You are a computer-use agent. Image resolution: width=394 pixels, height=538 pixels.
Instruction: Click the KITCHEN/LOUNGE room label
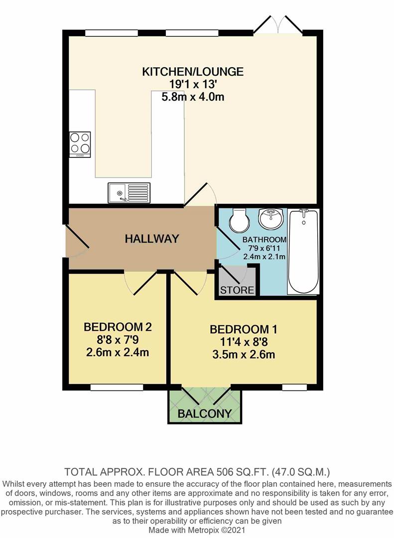tap(193, 71)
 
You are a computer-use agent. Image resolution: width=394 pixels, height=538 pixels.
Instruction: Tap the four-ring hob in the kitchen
tap(80, 144)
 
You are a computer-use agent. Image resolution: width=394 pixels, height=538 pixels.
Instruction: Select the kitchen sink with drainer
tap(129, 193)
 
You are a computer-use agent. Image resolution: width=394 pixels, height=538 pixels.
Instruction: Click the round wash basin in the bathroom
tap(271, 219)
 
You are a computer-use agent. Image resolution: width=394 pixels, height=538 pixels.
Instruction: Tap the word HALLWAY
tap(152, 239)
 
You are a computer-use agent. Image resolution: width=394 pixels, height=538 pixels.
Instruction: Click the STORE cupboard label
tap(237, 290)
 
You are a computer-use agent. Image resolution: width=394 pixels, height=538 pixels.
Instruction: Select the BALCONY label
tap(205, 413)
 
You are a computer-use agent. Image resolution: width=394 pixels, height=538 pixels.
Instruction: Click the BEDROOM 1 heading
tap(244, 329)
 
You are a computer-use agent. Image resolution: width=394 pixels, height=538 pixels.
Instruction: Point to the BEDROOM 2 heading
tap(118, 327)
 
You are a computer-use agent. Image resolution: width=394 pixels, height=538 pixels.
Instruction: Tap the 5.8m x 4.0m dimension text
tap(193, 97)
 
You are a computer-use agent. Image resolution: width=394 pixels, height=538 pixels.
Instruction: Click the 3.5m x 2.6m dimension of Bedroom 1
tap(244, 354)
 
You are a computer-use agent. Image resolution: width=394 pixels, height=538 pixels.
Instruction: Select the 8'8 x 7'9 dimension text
tap(118, 340)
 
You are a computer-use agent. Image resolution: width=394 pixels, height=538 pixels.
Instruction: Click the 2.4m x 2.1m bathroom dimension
tap(264, 257)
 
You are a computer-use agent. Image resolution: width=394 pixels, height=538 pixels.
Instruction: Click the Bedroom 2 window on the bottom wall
tap(117, 387)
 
